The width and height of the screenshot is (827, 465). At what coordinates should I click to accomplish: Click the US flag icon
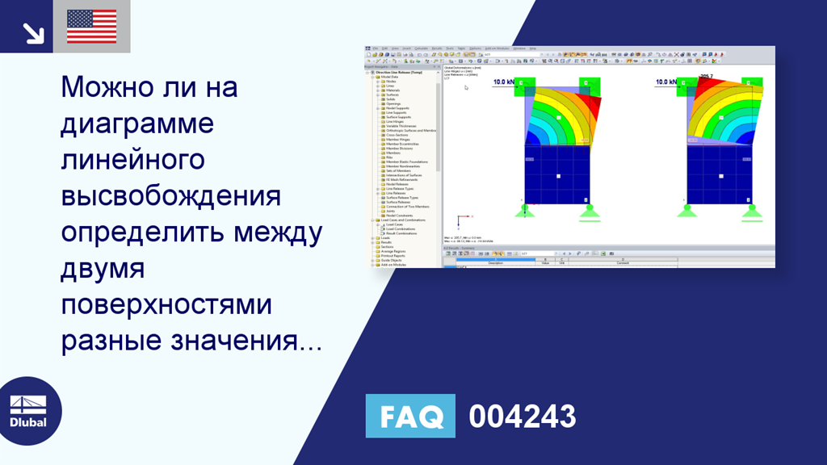point(91,27)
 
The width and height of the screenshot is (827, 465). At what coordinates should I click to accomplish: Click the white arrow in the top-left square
point(32,32)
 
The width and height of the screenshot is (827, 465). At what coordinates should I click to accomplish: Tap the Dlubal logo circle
point(29,411)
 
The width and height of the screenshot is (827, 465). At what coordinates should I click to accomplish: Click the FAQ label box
point(410,417)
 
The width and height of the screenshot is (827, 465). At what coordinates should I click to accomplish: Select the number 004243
point(523,417)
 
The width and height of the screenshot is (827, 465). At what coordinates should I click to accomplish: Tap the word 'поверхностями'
point(166,306)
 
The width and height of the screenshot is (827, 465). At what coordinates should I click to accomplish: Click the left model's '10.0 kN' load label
point(504,82)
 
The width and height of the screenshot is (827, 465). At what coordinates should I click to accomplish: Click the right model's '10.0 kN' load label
point(666,82)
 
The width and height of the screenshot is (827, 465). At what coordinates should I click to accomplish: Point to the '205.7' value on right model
point(707,77)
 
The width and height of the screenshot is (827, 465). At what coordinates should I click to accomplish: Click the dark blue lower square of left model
point(557,174)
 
